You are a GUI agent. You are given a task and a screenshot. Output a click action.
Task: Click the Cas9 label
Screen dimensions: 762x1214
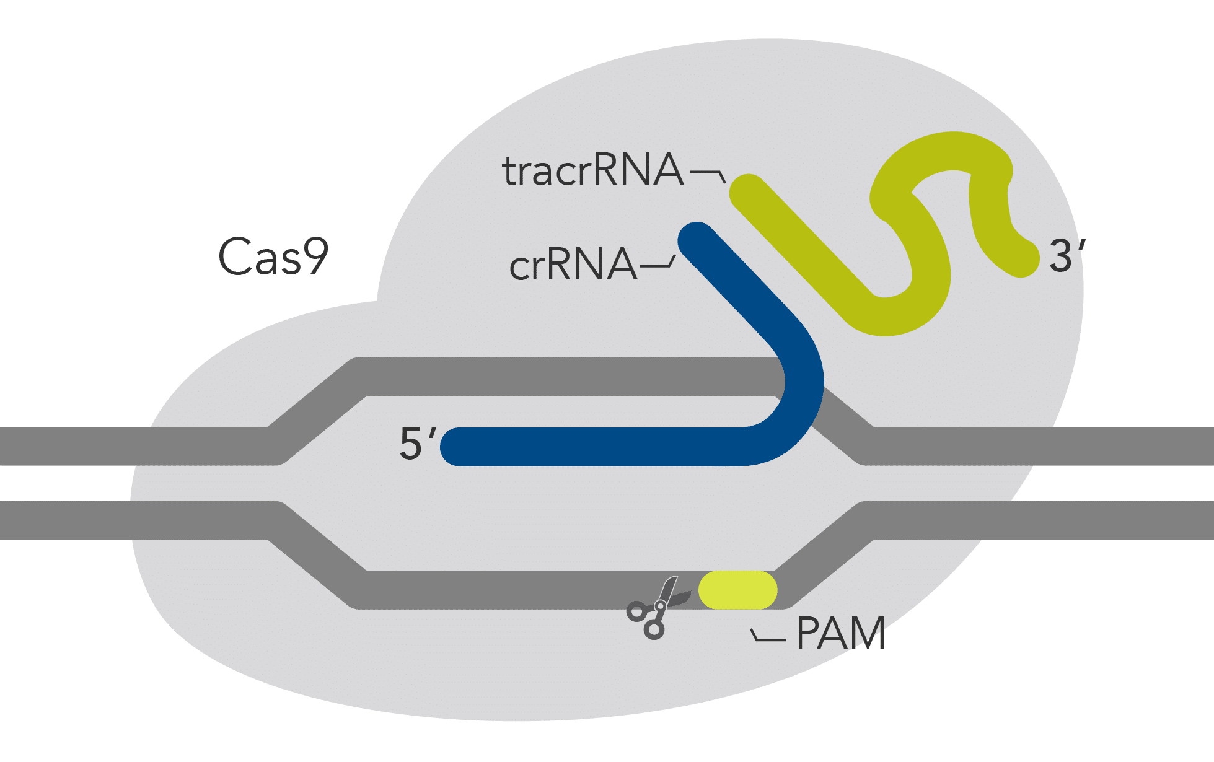tap(273, 256)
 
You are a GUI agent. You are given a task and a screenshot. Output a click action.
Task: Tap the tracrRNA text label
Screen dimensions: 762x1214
tap(592, 170)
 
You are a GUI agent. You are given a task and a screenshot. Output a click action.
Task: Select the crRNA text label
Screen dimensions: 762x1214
tap(573, 265)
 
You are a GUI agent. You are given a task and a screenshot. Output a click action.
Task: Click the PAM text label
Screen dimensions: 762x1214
tap(840, 633)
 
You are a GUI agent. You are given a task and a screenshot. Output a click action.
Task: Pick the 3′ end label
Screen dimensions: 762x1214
tap(1067, 256)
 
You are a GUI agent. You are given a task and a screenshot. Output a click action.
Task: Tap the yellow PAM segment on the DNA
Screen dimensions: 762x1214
tap(737, 590)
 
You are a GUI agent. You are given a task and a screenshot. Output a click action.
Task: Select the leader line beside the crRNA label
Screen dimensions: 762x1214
tap(657, 265)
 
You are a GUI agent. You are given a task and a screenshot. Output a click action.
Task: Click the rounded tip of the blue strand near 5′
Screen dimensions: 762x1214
tap(459, 446)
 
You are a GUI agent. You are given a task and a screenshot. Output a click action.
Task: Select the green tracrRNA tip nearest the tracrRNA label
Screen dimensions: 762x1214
tap(749, 193)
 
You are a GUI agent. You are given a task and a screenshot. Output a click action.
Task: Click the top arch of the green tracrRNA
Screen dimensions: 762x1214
tap(948, 152)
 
